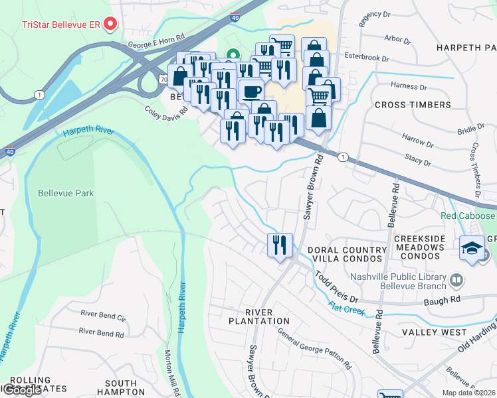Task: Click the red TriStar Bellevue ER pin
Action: (x=111, y=24)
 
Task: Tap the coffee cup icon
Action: (x=250, y=91)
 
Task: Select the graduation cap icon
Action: (x=472, y=248)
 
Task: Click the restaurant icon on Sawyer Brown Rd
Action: (x=280, y=245)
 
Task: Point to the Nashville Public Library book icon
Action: (x=456, y=281)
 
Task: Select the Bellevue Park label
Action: (x=66, y=194)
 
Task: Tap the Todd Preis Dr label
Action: (x=336, y=285)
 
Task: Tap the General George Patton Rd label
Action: (x=314, y=348)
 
